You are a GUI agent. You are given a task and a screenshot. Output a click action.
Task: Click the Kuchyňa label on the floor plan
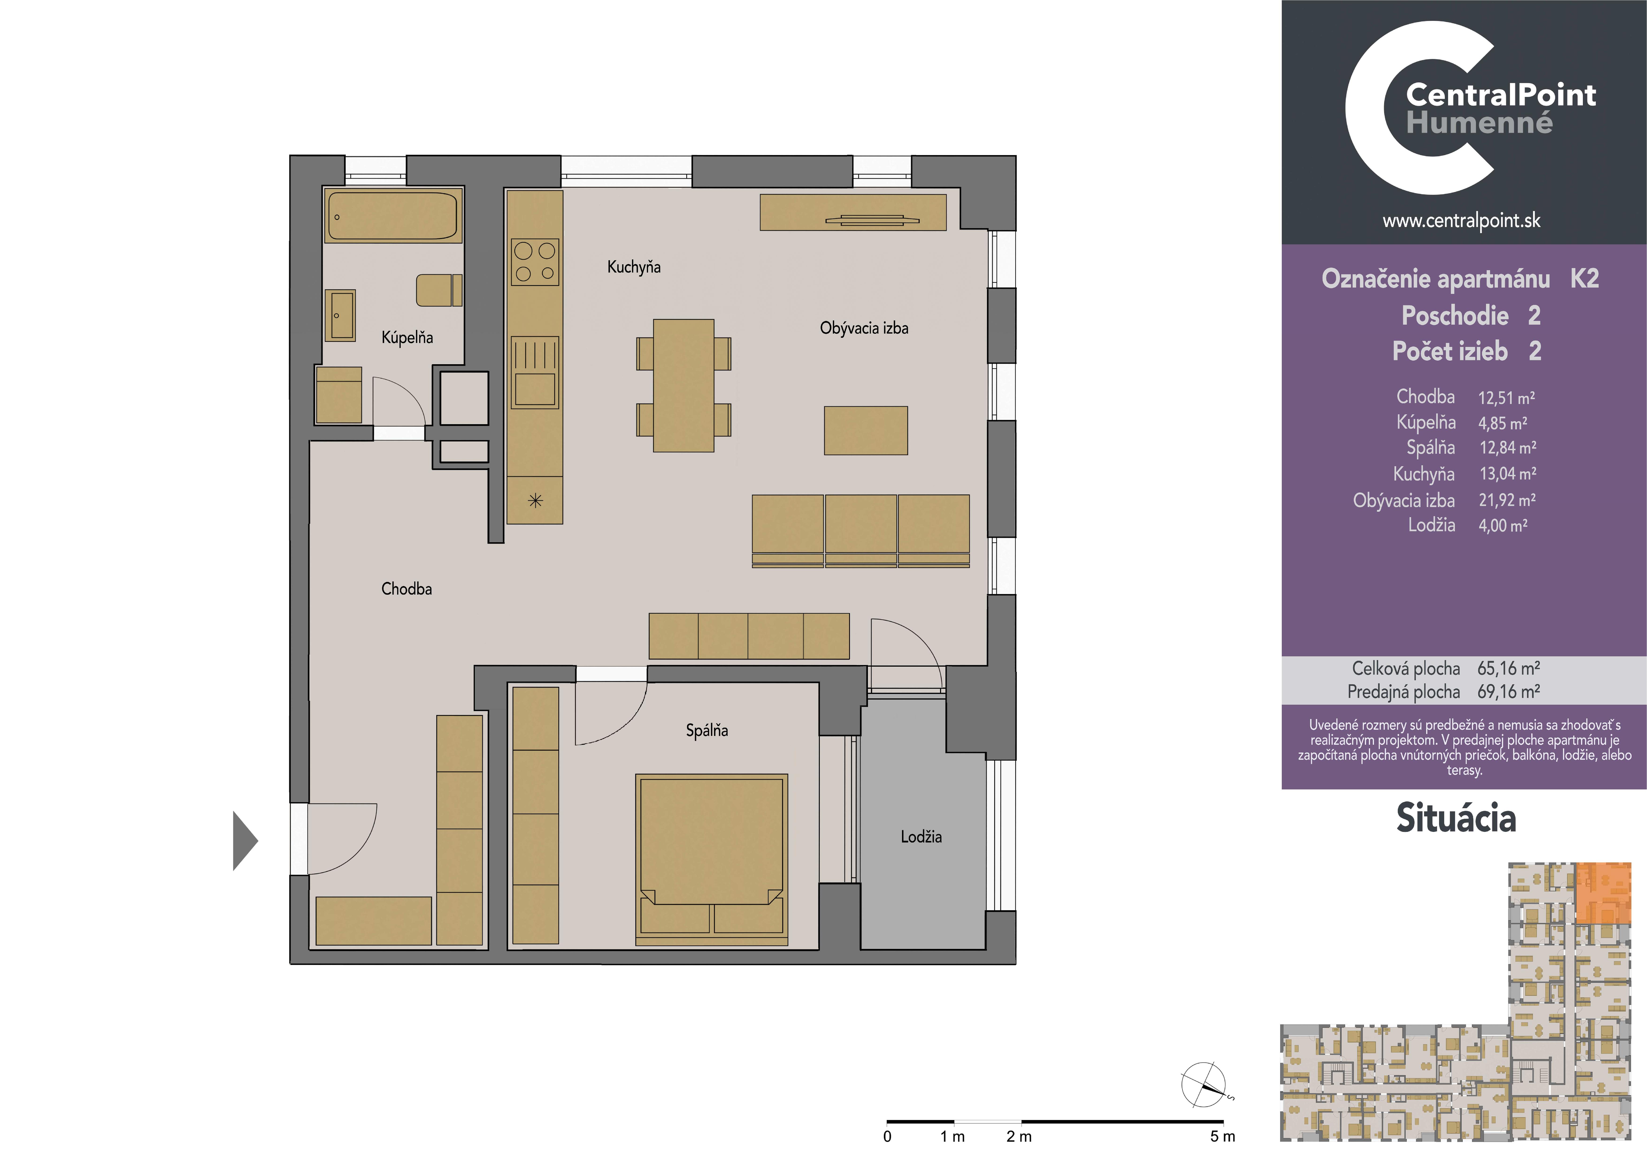(x=633, y=267)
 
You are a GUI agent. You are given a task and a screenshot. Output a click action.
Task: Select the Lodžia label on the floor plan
(x=921, y=836)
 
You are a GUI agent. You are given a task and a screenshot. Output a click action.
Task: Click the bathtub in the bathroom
(x=392, y=215)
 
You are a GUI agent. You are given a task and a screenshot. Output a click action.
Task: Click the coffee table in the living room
(x=866, y=431)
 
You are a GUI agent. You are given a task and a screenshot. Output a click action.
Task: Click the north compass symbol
(x=1205, y=1085)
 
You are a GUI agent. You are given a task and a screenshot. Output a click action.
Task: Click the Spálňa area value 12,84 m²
(x=1507, y=448)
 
